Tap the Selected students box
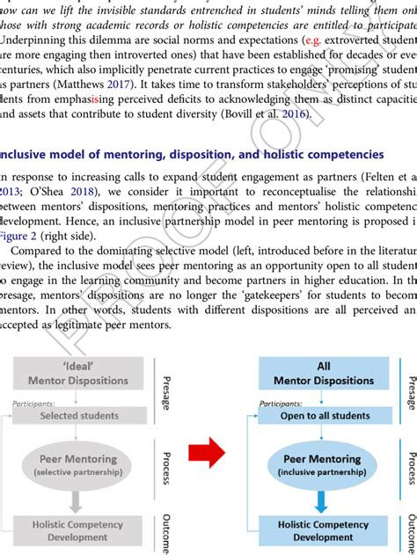[x=80, y=415]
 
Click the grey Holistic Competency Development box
[x=80, y=530]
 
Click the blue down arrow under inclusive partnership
[x=322, y=500]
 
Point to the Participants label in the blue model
[x=282, y=403]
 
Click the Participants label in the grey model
[x=33, y=403]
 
